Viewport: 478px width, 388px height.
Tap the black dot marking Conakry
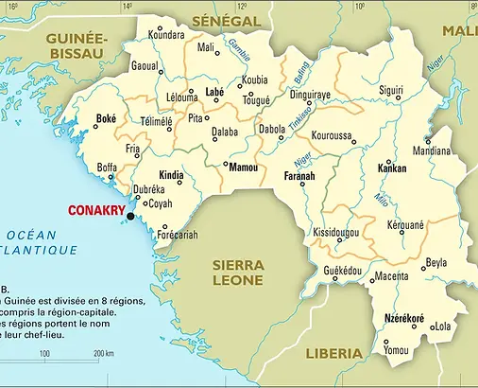click(130, 217)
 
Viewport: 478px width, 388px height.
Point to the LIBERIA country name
click(333, 353)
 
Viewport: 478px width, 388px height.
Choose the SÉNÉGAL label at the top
click(226, 20)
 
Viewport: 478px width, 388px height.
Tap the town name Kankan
click(391, 168)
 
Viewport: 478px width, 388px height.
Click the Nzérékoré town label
click(404, 318)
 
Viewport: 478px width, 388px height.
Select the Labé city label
click(214, 92)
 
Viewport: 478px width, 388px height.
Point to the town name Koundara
click(167, 35)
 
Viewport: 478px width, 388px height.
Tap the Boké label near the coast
click(106, 120)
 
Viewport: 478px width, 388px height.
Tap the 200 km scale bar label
click(104, 353)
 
